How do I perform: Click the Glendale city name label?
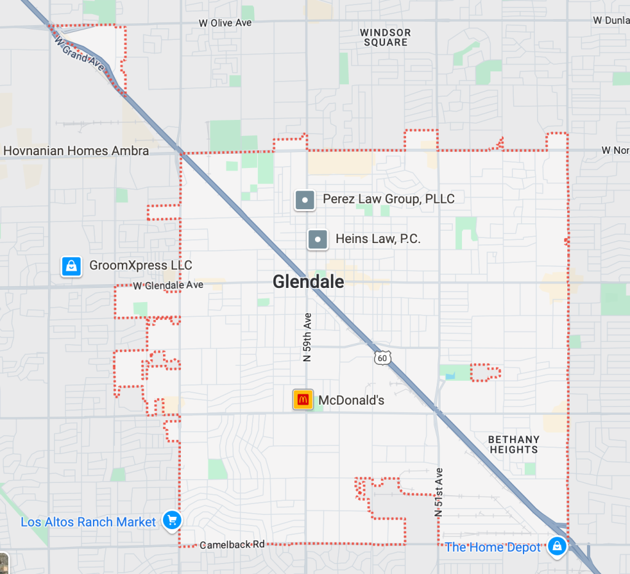tap(308, 282)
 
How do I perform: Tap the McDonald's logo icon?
tap(303, 400)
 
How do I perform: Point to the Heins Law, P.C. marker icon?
tap(317, 239)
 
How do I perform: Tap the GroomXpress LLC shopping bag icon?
tap(71, 266)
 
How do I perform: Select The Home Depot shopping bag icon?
tap(557, 546)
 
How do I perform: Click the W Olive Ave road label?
tap(225, 23)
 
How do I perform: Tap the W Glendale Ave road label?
tap(168, 285)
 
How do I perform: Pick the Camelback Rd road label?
tap(232, 545)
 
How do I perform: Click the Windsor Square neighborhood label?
tap(386, 38)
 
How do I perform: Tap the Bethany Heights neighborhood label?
tap(514, 444)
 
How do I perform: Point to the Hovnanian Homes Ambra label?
tap(76, 151)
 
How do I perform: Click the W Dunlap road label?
tap(611, 20)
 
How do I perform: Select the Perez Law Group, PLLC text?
tap(389, 199)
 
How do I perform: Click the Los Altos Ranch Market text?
tap(89, 522)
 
